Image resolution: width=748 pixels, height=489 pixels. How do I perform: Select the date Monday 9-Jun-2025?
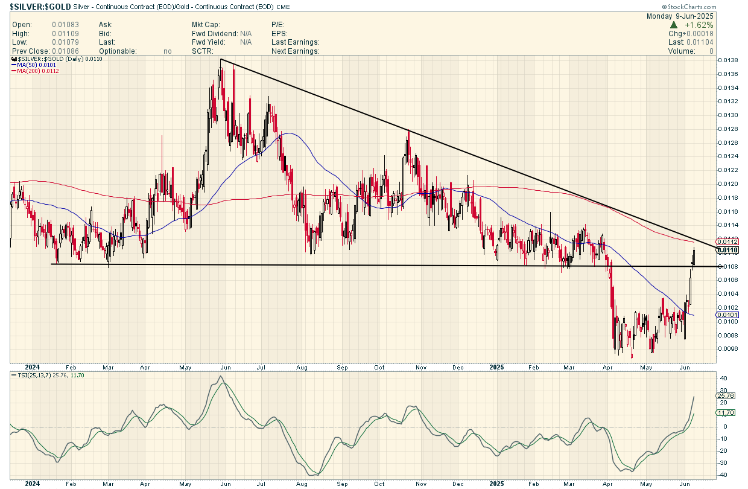click(680, 16)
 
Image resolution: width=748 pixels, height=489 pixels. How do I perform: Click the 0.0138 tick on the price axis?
click(728, 60)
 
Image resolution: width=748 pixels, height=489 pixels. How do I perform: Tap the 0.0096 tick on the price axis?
click(728, 348)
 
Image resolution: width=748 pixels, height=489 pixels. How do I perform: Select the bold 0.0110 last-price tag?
click(727, 249)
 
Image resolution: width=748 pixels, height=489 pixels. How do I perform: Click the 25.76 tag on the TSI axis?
click(726, 395)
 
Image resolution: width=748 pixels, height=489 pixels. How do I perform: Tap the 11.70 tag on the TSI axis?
click(726, 413)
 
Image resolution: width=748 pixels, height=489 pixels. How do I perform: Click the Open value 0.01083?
click(63, 25)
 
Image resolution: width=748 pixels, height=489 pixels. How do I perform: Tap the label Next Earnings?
click(296, 51)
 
